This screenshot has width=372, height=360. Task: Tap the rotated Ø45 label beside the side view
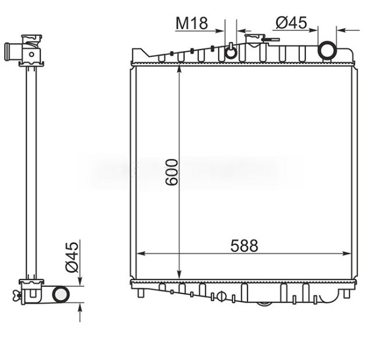[71, 258]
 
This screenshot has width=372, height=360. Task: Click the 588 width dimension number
[245, 246]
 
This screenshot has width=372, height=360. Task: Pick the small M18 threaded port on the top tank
[231, 52]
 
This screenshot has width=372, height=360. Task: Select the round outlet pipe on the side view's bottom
[60, 294]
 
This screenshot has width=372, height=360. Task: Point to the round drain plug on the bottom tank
[221, 296]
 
